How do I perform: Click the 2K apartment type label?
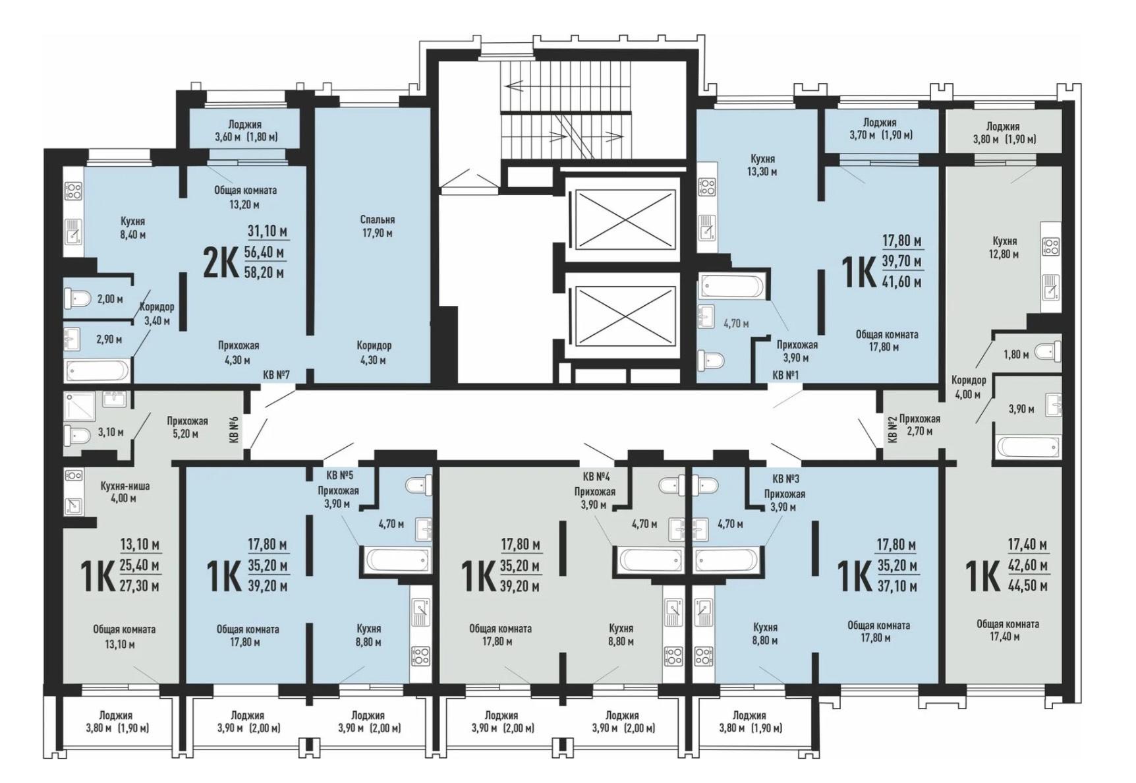click(x=221, y=262)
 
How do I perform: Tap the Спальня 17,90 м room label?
click(x=377, y=226)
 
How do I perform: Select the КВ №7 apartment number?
click(x=277, y=375)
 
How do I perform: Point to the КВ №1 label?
click(x=785, y=375)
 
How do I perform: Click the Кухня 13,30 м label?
click(x=762, y=165)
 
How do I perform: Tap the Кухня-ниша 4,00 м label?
click(x=125, y=492)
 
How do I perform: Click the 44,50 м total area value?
click(x=1028, y=586)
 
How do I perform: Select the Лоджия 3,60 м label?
click(x=245, y=130)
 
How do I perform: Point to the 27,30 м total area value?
click(x=140, y=586)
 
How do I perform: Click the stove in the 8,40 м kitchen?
click(x=72, y=191)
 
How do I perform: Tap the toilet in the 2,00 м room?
click(x=77, y=299)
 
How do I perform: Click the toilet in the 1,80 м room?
click(x=1048, y=352)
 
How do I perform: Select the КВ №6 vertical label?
click(x=233, y=429)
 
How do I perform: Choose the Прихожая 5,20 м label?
click(x=187, y=427)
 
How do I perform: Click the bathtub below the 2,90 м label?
click(x=98, y=370)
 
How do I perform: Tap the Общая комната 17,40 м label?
click(x=1008, y=630)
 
